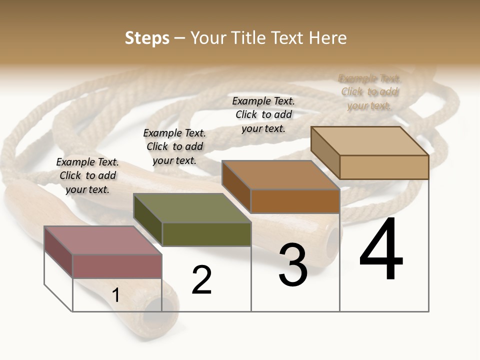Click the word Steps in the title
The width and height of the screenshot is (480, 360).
[147, 38]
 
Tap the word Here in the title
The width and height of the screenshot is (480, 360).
[327, 38]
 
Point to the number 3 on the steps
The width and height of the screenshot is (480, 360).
[293, 265]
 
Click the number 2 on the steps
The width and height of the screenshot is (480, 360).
[202, 280]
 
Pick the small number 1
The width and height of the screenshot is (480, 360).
[116, 295]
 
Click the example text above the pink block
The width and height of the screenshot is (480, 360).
[87, 175]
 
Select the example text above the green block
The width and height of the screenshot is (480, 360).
[174, 146]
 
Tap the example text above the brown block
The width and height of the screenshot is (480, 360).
[263, 114]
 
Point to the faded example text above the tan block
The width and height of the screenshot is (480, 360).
[369, 91]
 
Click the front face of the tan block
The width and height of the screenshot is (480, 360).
[384, 167]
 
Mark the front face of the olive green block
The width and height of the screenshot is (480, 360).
[206, 234]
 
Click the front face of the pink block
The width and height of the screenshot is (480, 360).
[117, 266]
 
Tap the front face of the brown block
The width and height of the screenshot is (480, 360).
[295, 201]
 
